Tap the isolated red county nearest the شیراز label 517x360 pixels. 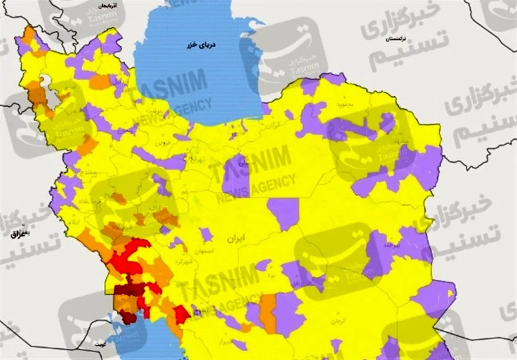182,313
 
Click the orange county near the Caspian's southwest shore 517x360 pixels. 100,81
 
